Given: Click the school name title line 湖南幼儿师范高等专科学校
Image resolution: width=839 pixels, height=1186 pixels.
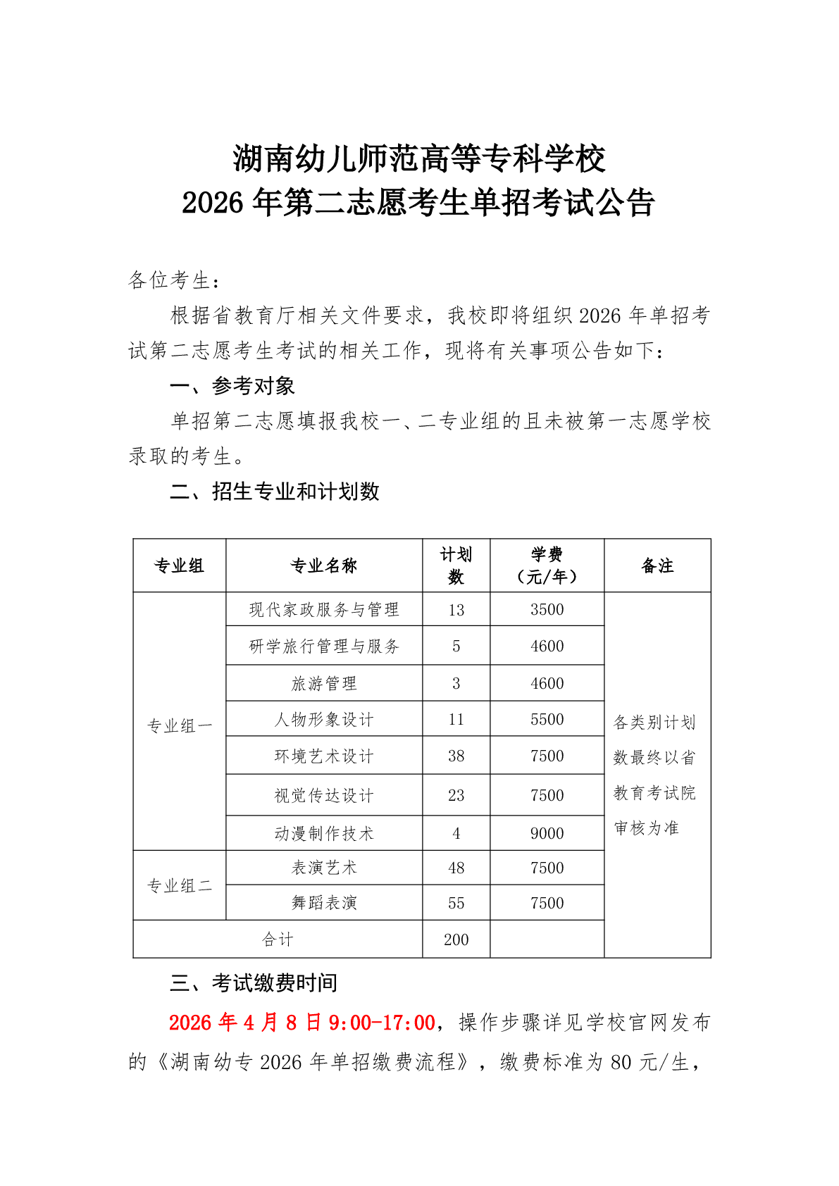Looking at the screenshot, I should tap(419, 159).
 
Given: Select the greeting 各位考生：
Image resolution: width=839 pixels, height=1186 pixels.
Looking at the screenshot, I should tap(174, 280).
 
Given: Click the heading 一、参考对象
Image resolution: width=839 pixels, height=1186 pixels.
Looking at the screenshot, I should tap(232, 386).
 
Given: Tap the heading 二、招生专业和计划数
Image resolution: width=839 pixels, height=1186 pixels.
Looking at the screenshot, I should tap(275, 492).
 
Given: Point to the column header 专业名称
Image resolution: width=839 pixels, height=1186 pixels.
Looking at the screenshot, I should tap(324, 566).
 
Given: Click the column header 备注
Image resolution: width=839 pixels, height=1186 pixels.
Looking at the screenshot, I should tap(657, 566).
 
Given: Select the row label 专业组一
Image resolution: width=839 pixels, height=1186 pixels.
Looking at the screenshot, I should tap(180, 726).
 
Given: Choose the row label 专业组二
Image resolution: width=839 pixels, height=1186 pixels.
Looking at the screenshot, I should tap(180, 886).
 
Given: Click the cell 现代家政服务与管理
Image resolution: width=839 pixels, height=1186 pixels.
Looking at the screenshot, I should tap(324, 610).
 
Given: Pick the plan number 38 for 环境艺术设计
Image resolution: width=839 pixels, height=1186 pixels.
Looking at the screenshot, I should tap(456, 756).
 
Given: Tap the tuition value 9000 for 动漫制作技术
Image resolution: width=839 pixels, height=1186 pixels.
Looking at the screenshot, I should tap(547, 834).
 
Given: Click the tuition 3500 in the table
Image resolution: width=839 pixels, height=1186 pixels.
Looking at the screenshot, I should tap(547, 610).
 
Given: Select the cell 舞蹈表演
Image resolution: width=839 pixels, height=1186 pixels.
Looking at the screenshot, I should tap(324, 903).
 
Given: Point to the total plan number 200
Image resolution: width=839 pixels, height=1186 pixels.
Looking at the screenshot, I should tap(456, 940).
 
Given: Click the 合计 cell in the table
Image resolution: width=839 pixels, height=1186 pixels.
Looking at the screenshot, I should tap(278, 940).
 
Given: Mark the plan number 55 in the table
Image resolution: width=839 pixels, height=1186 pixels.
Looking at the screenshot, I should tap(456, 904).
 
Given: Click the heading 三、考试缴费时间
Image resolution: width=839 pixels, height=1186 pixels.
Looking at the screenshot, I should tap(254, 983).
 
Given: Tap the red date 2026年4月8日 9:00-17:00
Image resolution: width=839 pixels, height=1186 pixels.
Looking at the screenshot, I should tap(302, 1023).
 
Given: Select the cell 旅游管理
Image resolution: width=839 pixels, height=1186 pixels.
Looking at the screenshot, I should tap(324, 683).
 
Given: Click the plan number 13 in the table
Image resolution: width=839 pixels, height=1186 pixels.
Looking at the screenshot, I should tap(456, 611).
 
